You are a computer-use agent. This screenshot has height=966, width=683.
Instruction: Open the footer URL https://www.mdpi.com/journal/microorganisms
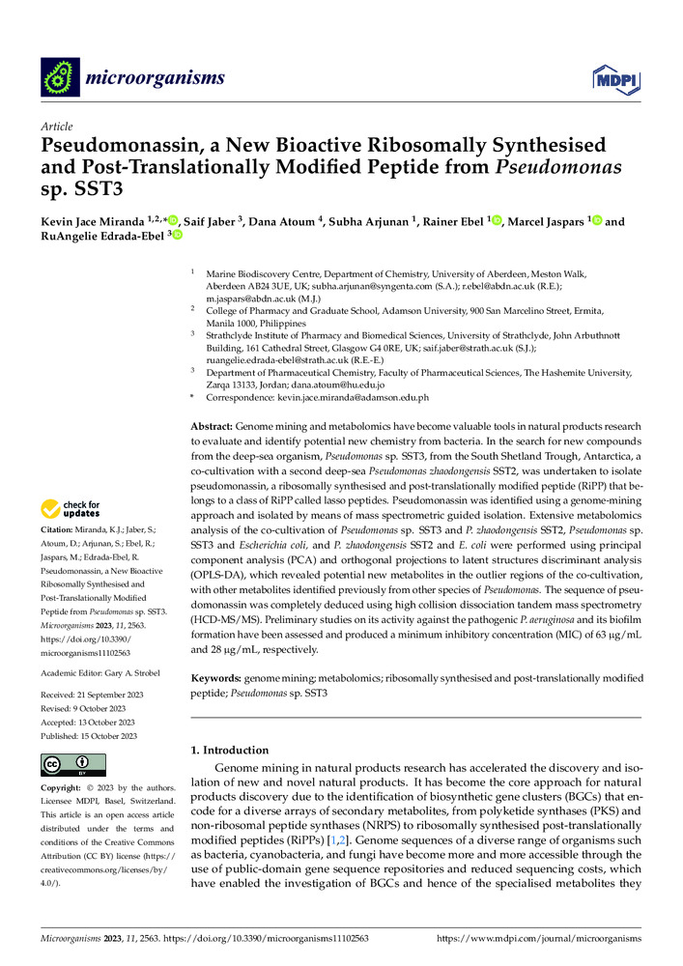[540, 937]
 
